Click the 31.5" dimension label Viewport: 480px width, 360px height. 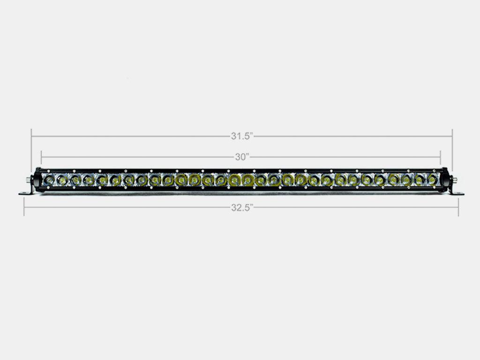pos(241,136)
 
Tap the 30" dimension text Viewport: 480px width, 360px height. pos(241,157)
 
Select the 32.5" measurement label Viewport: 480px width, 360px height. pos(241,208)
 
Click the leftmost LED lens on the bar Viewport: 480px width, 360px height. pos(48,179)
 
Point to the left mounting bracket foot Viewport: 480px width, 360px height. pos(25,193)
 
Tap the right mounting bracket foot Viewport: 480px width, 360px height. pos(457,193)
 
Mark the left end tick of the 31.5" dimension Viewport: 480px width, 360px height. pos(31,136)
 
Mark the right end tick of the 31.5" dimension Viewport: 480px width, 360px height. pos(452,136)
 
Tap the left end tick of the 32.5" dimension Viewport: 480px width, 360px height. pos(24,207)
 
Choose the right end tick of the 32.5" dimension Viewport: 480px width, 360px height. pos(458,207)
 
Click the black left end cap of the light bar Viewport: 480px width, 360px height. pos(37,180)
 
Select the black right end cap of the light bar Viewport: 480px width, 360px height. pos(445,180)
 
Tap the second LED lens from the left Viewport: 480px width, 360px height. pos(61,179)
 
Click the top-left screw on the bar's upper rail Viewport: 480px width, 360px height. pos(49,170)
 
